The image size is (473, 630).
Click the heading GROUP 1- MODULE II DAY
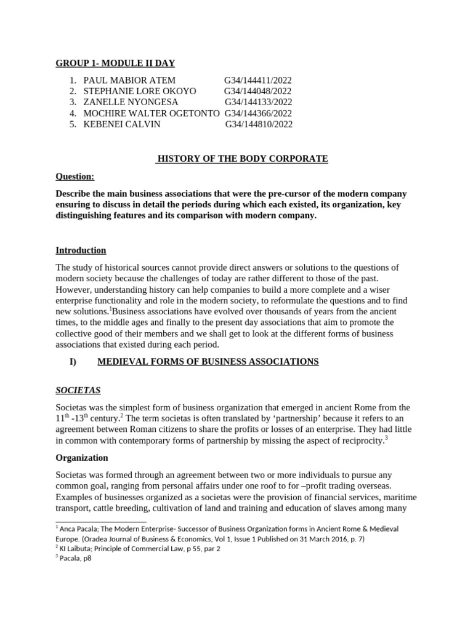(115, 63)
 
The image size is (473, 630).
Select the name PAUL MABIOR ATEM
(129, 80)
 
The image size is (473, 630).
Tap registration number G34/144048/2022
(257, 91)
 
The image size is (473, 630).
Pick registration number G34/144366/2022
(258, 113)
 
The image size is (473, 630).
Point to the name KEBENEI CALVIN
(121, 124)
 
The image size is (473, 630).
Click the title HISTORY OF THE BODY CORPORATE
(243, 159)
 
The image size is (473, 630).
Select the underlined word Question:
(75, 177)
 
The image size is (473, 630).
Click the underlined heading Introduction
(81, 250)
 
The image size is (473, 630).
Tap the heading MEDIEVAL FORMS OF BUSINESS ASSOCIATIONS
(208, 362)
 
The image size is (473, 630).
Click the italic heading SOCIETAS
(78, 390)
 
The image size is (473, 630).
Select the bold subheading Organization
(82, 458)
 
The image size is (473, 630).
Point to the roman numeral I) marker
(73, 362)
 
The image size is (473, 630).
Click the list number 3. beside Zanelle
(73, 102)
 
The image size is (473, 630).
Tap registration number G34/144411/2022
(257, 80)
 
